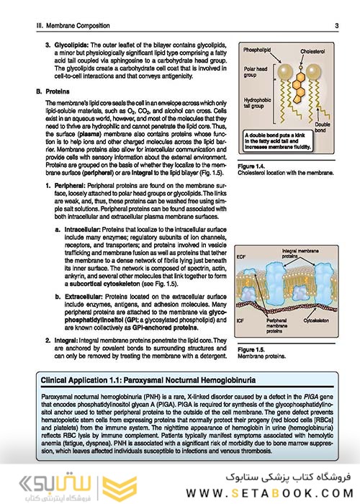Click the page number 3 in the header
[336, 27]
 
